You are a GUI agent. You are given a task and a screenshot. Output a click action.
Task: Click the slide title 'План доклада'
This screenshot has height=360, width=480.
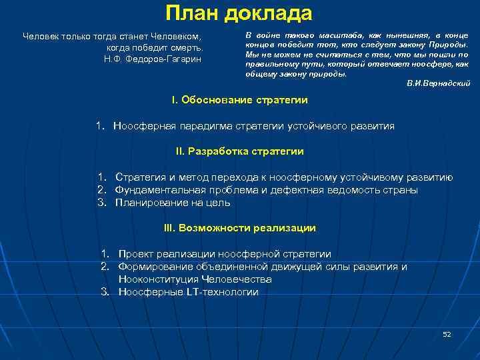[239, 13]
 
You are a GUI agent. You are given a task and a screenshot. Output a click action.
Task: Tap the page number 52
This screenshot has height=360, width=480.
[447, 333]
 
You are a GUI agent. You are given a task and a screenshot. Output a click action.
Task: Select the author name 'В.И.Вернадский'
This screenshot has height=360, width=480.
[438, 83]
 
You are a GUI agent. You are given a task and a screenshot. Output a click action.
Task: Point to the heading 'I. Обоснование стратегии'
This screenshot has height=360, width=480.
[239, 100]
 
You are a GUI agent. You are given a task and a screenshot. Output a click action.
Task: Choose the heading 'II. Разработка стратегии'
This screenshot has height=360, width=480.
[239, 151]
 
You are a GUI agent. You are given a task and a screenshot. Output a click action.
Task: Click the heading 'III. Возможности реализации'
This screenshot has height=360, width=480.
[239, 228]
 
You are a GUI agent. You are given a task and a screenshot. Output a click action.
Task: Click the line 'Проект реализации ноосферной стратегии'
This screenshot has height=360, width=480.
[224, 254]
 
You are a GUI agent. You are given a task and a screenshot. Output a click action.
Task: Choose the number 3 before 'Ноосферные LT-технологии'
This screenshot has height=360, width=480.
[105, 292]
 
